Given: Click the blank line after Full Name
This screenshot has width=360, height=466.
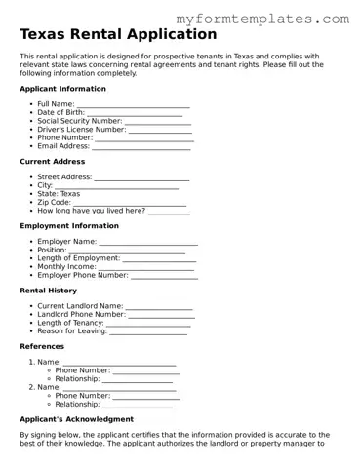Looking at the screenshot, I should (x=133, y=103).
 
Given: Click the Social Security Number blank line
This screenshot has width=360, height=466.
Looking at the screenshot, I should (x=158, y=121).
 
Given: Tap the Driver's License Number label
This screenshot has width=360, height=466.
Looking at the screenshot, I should (x=81, y=129).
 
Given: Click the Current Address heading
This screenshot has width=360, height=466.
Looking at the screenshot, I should (x=53, y=161).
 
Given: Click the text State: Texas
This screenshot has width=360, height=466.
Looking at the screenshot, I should (x=59, y=193).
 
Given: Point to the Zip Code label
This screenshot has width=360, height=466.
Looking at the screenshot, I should (x=54, y=202).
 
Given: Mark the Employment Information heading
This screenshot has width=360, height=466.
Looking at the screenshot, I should (x=69, y=225).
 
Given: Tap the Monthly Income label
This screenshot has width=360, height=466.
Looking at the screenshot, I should (x=66, y=266).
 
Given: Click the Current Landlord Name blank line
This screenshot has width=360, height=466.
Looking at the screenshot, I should (x=159, y=306).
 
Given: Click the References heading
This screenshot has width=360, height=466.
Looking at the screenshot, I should (x=42, y=346).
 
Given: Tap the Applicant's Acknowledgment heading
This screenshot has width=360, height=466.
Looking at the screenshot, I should (x=77, y=418).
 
